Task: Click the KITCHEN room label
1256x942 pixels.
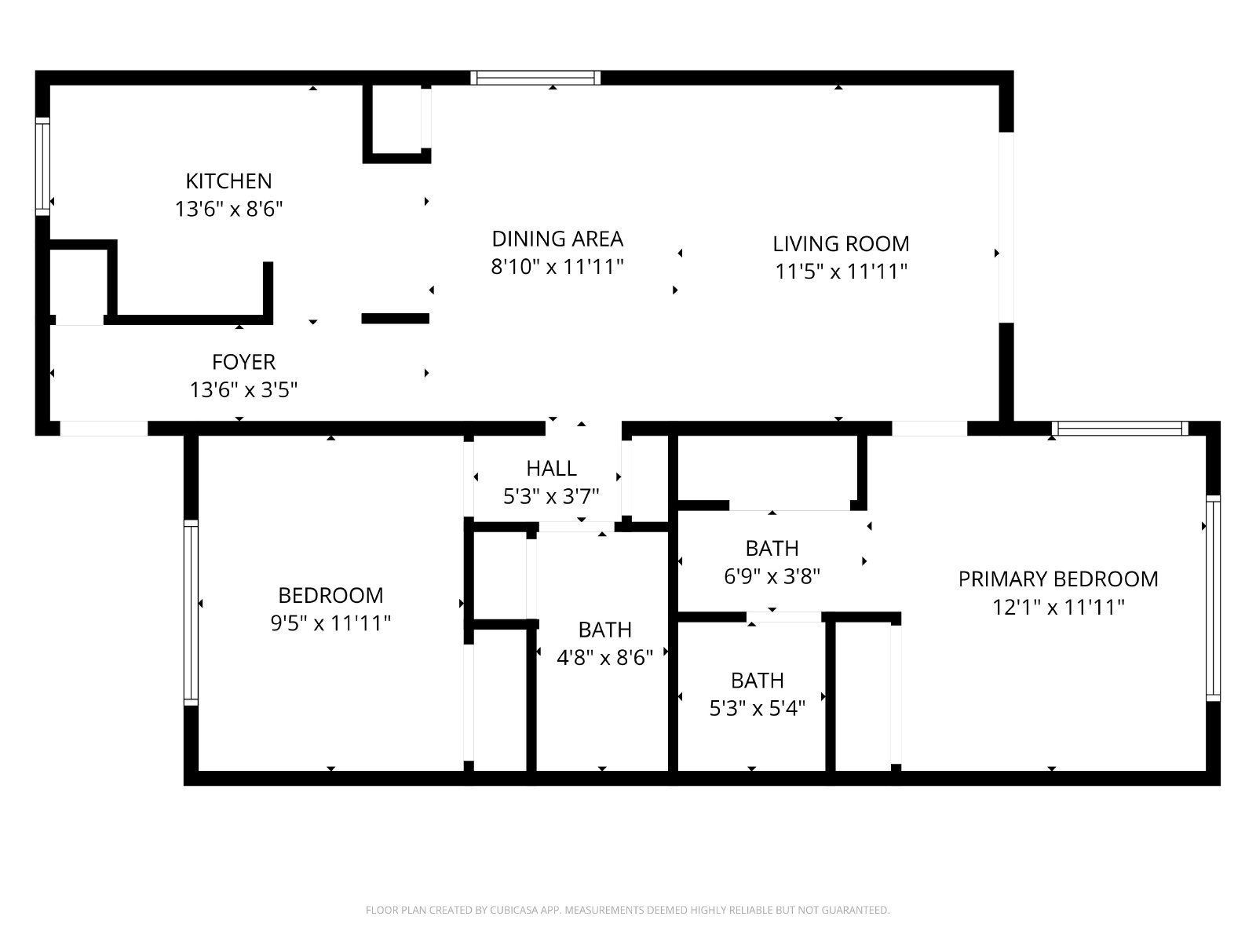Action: coord(228,181)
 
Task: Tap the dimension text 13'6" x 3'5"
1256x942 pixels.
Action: coord(243,390)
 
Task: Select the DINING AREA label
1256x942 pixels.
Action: coord(557,239)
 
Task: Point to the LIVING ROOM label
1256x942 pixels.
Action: coord(841,243)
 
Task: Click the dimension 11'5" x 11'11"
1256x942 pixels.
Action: coord(841,272)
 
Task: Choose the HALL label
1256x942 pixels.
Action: coord(551,469)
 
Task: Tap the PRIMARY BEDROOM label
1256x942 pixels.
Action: coord(1057,579)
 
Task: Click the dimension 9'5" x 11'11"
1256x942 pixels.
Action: coord(330,623)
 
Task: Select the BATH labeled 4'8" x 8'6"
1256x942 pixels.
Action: coord(604,630)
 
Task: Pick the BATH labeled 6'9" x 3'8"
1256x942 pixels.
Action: coord(772,548)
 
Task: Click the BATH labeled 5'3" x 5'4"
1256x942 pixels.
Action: coord(757,681)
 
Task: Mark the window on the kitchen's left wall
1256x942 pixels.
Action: coord(42,166)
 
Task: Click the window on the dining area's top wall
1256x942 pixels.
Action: coord(535,78)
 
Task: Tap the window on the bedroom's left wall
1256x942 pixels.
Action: coord(191,612)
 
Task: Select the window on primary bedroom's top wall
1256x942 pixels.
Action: coord(1119,429)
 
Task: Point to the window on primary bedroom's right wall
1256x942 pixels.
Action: coord(1213,598)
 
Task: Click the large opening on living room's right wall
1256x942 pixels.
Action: coord(1006,227)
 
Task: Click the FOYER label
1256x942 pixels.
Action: coord(243,362)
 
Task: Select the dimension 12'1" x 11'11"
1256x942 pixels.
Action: coord(1057,608)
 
